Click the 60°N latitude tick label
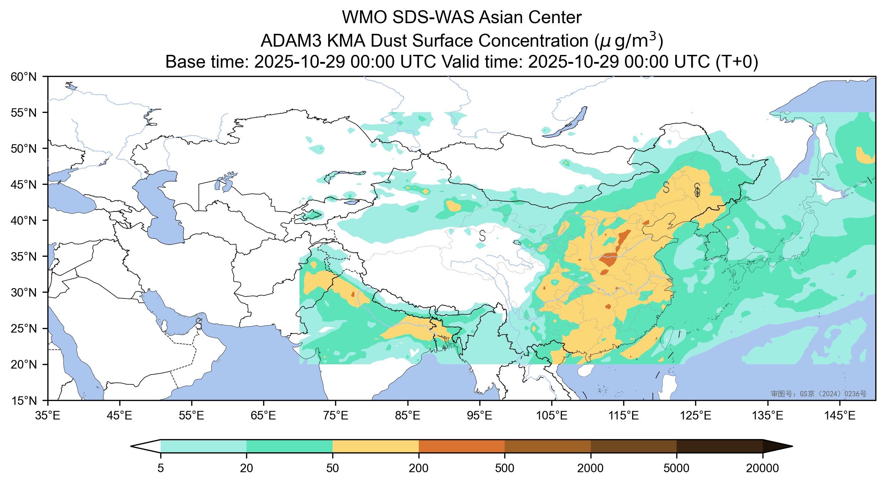tap(27, 77)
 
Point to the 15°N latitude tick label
tap(27, 401)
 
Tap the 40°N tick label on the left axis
tap(27, 220)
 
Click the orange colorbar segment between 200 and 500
tap(462, 446)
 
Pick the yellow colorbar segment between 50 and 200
tap(375, 446)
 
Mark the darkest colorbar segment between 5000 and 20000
tap(719, 446)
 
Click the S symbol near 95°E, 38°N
tap(482, 235)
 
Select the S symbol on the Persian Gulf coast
tap(199, 324)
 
